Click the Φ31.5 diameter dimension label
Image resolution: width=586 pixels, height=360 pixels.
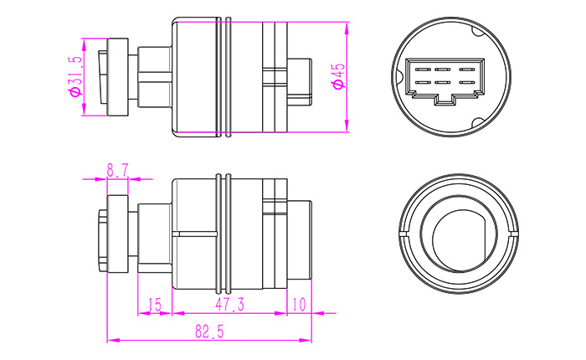75,77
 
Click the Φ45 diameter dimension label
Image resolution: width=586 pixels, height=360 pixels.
339,76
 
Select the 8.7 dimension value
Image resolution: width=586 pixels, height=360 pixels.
117,171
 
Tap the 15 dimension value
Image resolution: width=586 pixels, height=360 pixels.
154,305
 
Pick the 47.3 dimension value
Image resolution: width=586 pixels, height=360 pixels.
229,305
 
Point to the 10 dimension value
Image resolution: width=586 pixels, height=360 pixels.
299,305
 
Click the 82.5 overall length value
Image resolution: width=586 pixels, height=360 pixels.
209,332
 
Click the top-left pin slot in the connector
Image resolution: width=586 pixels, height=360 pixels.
421,69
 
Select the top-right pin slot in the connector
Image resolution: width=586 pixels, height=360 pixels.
466,69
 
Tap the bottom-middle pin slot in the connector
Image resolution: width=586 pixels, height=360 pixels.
443,83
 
